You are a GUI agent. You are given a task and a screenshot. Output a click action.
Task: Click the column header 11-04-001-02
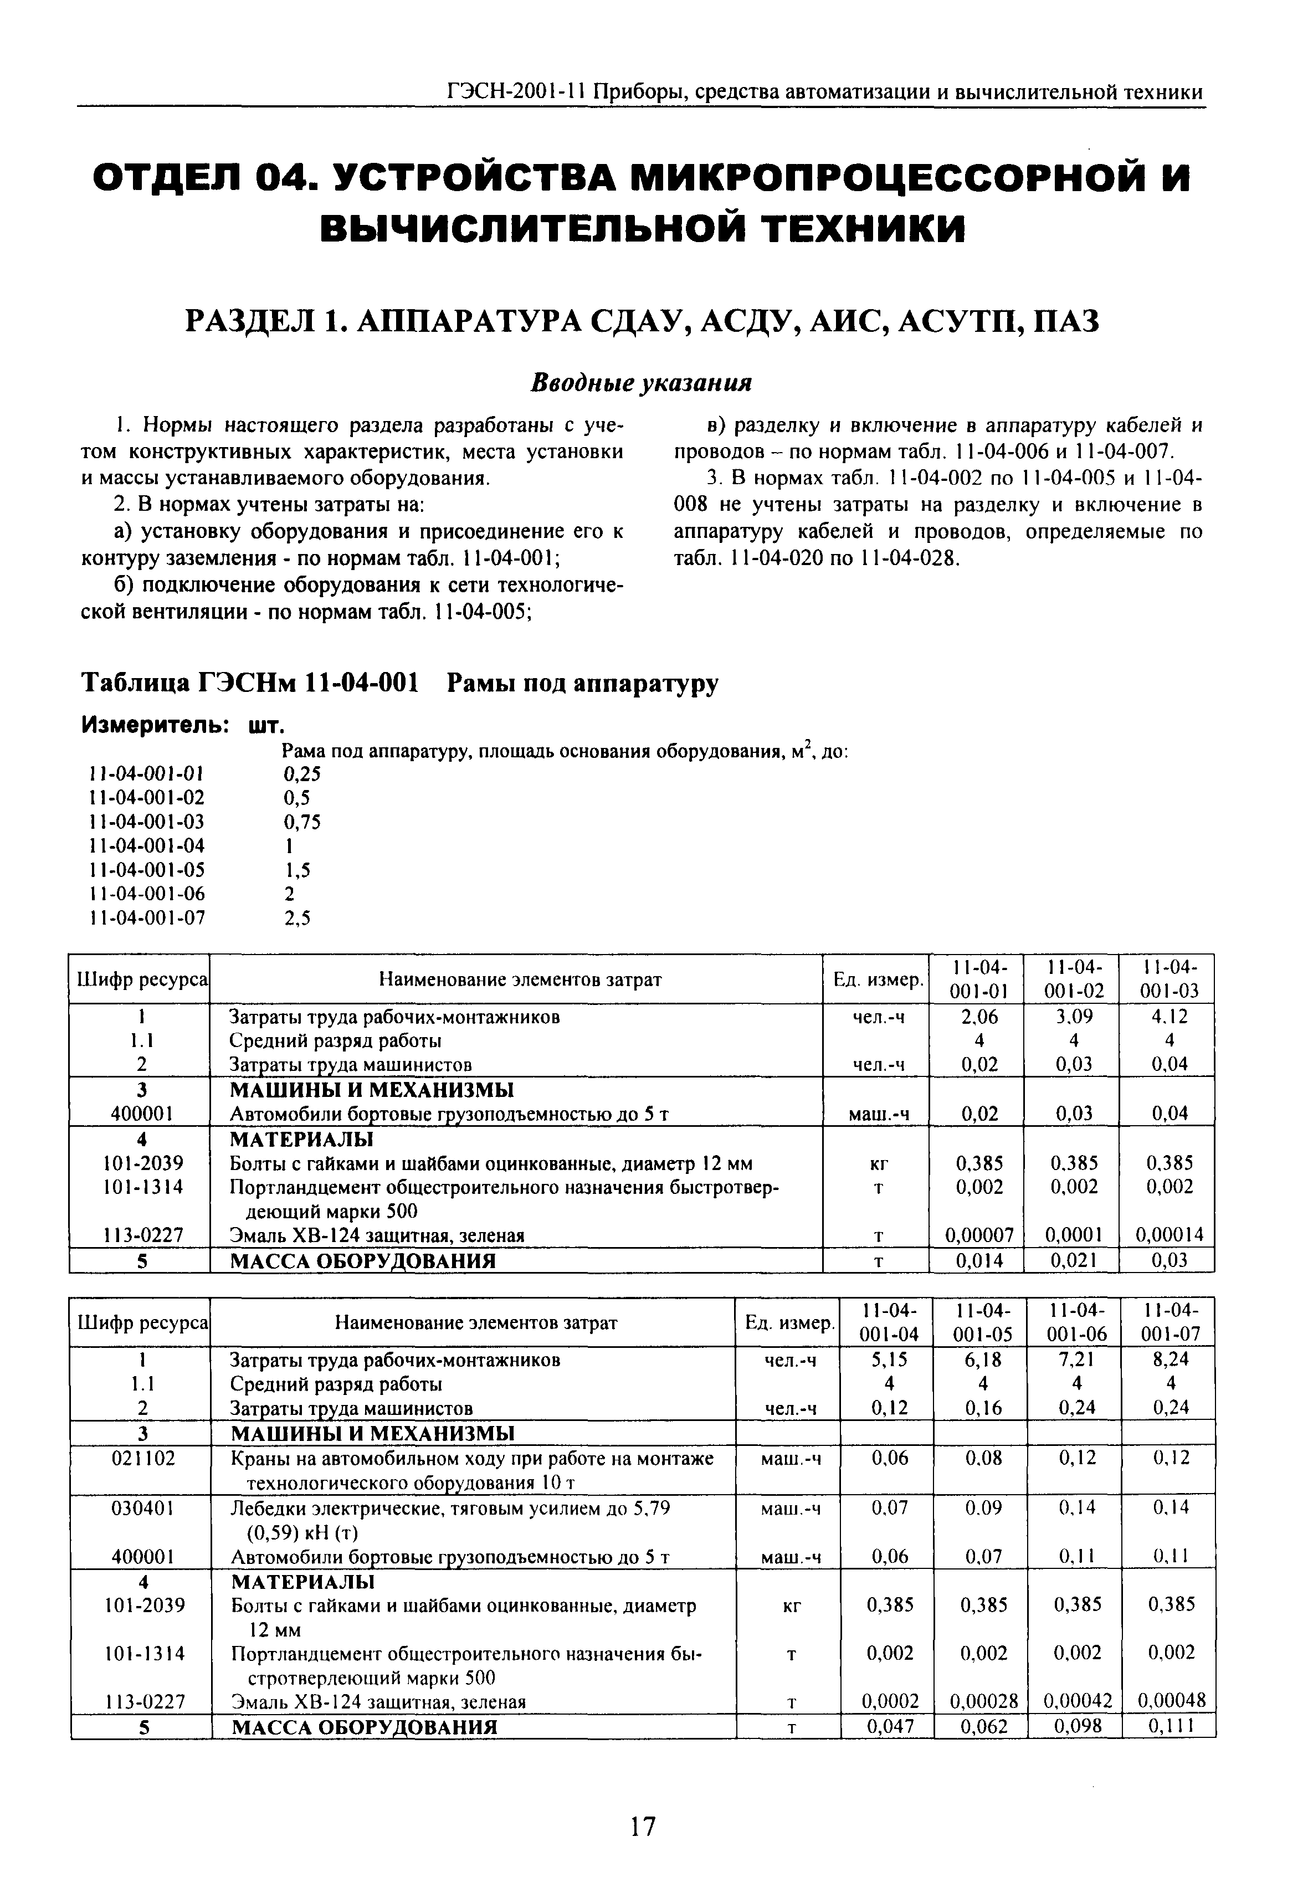[x=1072, y=978]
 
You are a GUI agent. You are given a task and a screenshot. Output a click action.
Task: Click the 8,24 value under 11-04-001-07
[x=1170, y=1360]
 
